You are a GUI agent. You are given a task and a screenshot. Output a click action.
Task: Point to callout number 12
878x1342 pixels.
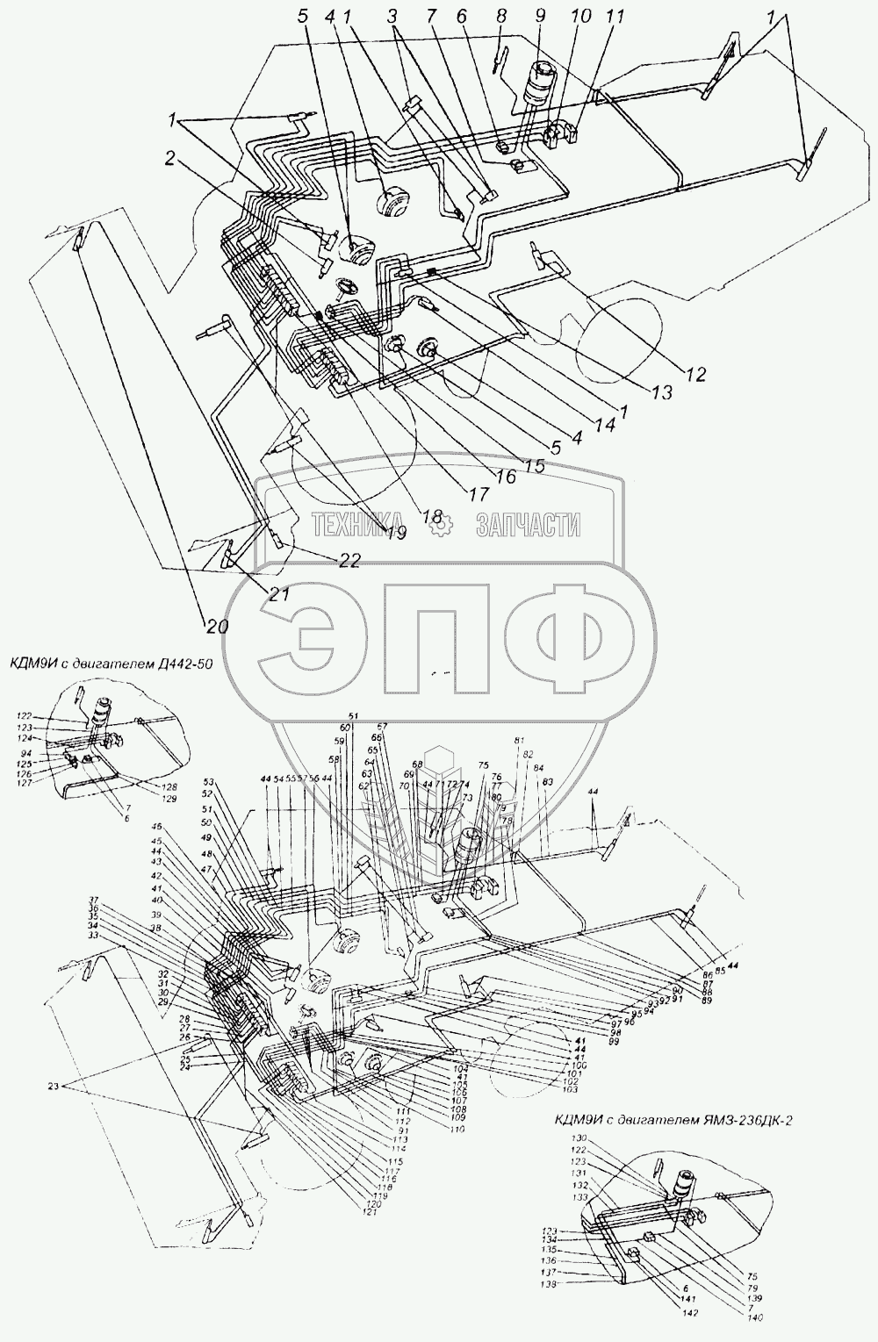click(695, 374)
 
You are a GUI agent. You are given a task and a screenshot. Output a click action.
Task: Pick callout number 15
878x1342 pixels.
click(535, 465)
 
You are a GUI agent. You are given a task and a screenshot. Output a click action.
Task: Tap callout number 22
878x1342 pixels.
click(349, 562)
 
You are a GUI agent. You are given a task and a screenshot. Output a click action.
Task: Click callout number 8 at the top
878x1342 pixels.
click(500, 16)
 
